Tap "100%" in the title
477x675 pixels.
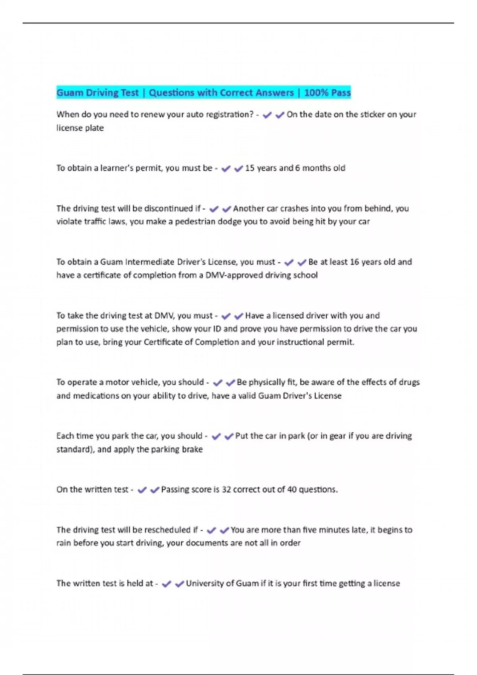click(x=316, y=93)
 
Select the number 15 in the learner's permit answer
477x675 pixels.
click(x=250, y=168)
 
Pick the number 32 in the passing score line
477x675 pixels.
click(x=226, y=490)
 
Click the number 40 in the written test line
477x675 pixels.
click(x=292, y=490)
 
